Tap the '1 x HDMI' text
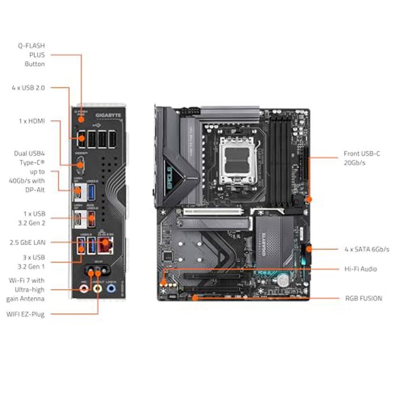[31, 121]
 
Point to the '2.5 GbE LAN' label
[27, 242]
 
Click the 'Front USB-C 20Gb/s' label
[362, 159]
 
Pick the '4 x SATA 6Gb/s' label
[366, 249]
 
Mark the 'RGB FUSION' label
[363, 298]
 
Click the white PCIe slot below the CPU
[214, 212]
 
